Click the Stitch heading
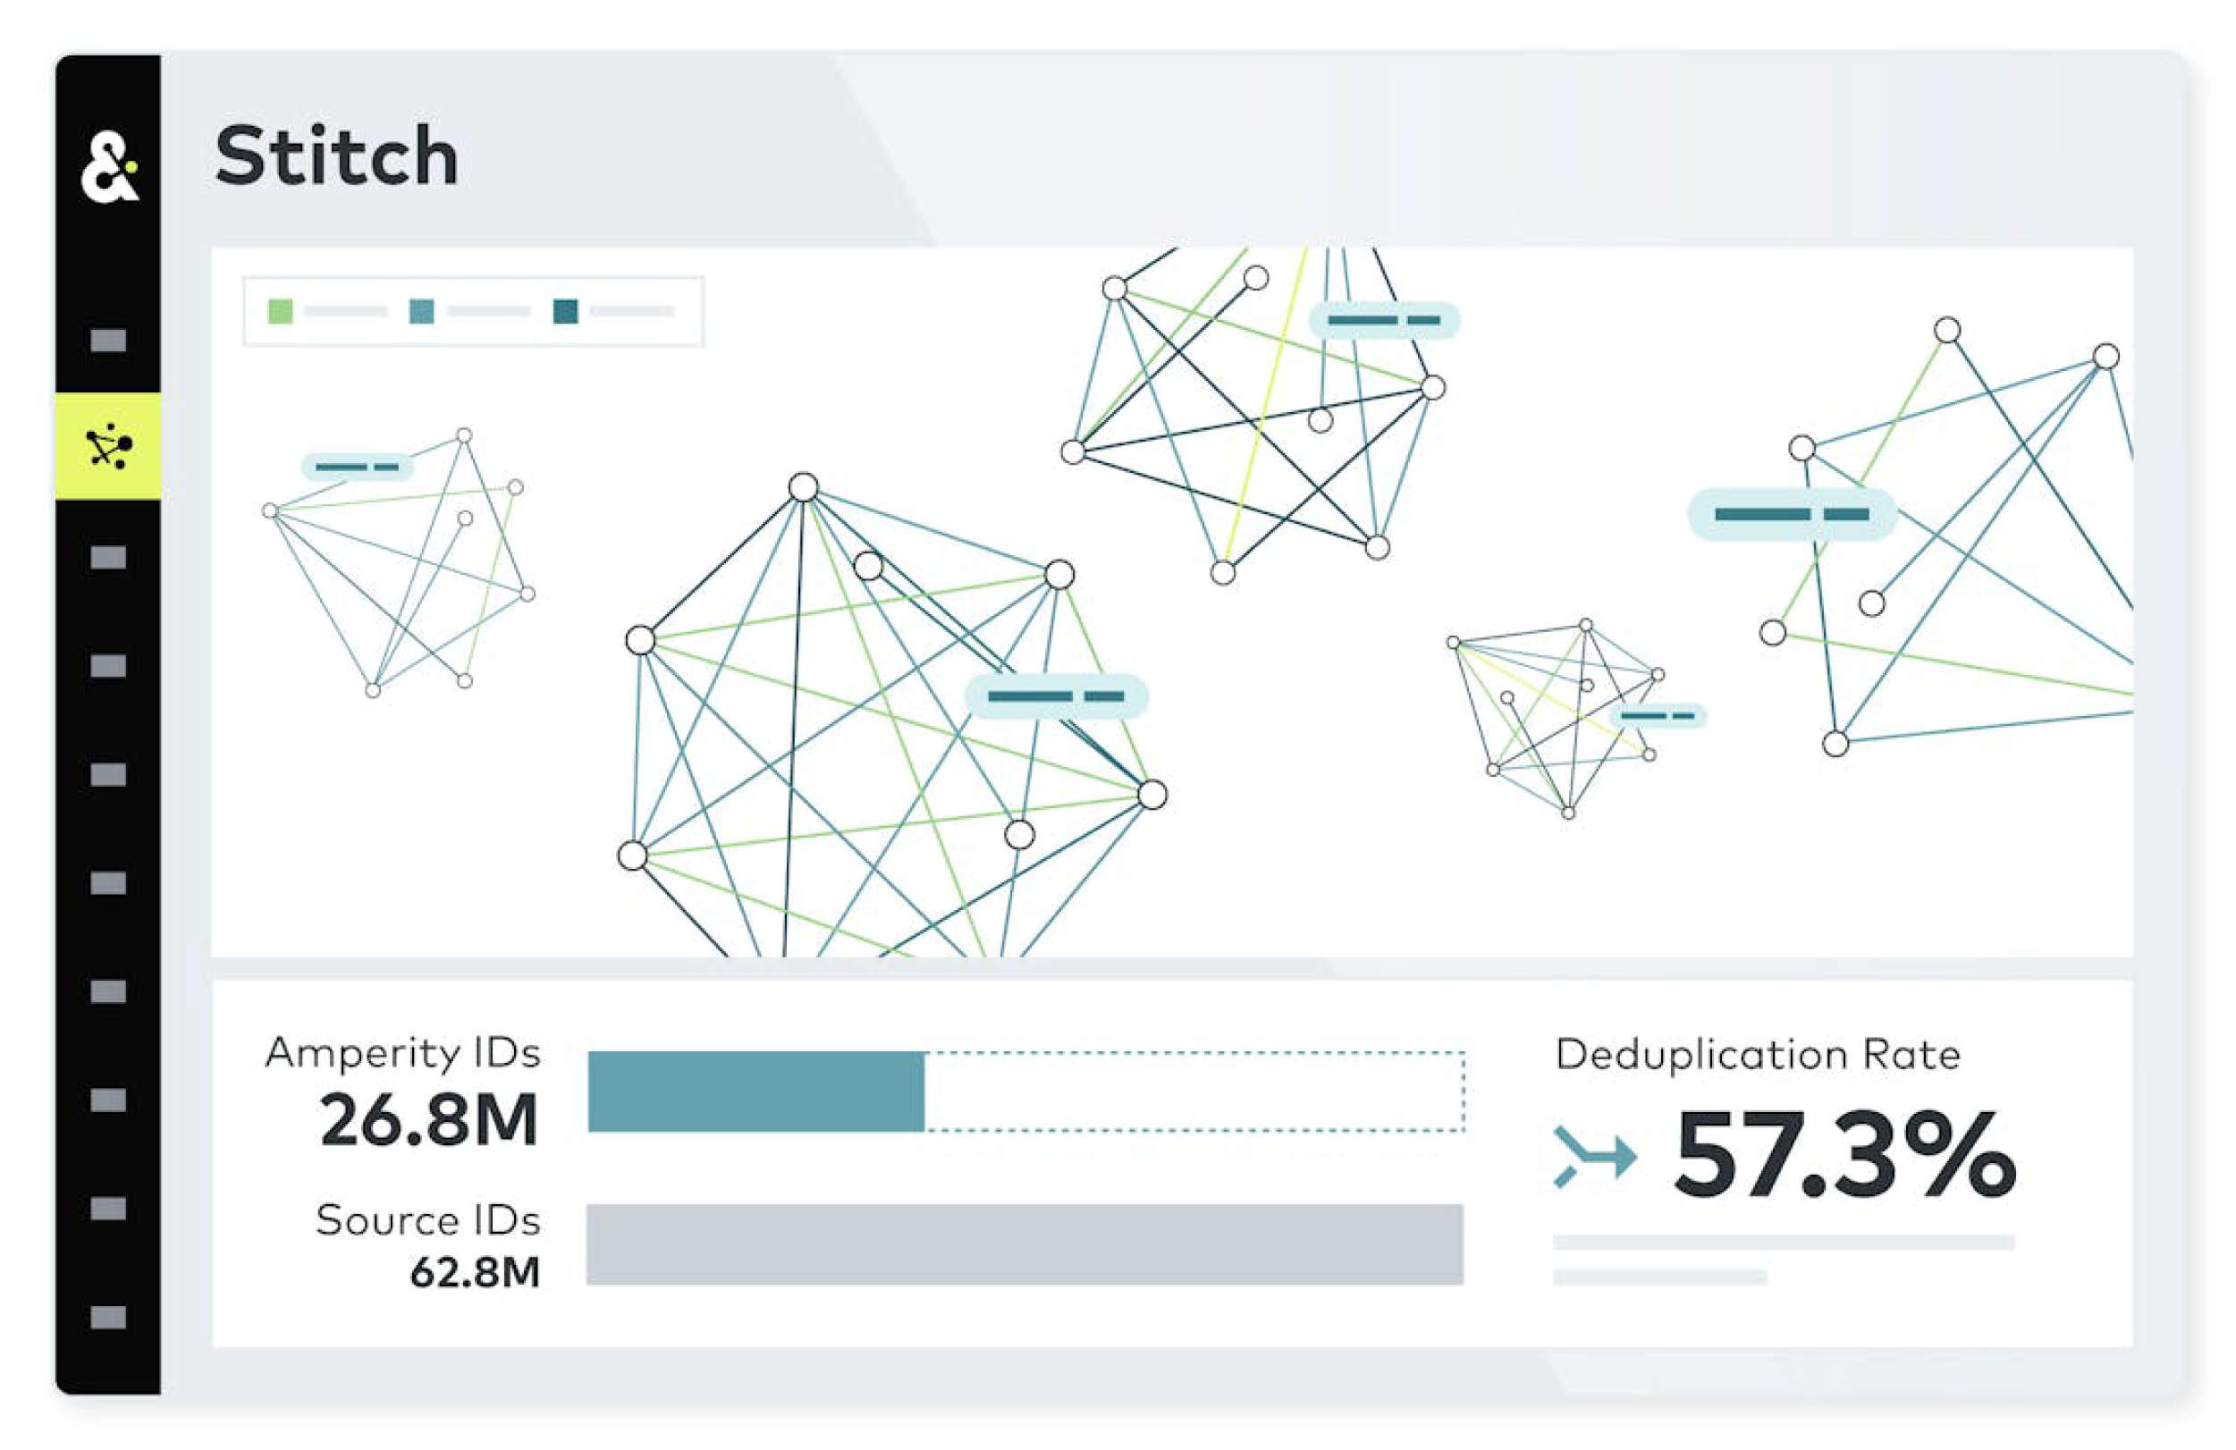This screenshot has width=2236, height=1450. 335,156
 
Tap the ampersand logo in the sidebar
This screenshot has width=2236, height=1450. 109,168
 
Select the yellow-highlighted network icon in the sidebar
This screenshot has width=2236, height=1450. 108,447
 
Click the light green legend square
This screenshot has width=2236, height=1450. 280,311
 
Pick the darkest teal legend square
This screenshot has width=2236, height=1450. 565,311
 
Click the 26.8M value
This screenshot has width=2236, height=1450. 428,1119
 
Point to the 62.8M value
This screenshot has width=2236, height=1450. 475,1272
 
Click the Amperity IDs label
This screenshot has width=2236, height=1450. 403,1053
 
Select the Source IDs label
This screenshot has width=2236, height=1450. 427,1220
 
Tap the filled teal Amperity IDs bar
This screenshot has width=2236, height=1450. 755,1092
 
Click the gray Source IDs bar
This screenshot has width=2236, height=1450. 1024,1244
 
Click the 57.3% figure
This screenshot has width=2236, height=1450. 1845,1155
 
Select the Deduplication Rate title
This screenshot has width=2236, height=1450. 1757,1055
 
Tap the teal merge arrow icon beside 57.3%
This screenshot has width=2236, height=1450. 1594,1155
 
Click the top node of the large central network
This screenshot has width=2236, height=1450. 803,487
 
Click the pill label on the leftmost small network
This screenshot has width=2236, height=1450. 357,467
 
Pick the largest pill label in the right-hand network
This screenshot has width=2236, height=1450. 1792,514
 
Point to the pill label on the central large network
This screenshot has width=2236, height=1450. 1056,695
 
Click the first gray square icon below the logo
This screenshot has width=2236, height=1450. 108,340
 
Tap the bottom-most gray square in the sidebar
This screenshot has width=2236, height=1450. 108,1317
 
